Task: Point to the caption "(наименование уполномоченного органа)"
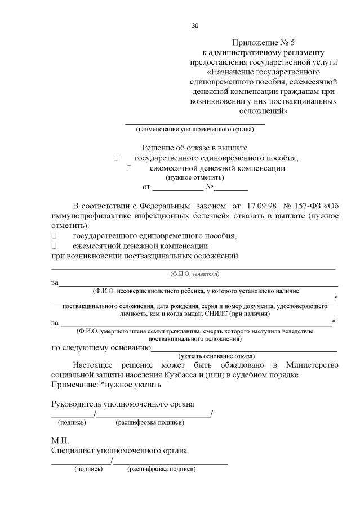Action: pos(195,130)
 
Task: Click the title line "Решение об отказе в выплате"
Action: pos(194,148)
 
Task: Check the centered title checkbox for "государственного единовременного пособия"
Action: pos(116,158)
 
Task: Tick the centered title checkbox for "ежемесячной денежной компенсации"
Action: pos(129,168)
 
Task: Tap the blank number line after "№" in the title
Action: pos(230,188)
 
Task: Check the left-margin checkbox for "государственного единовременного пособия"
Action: pos(55,236)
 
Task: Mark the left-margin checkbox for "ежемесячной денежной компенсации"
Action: pos(55,246)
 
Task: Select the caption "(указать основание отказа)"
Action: pos(216,356)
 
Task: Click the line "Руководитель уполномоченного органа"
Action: pos(123,404)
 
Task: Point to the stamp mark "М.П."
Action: pos(60,441)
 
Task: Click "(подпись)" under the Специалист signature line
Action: pos(88,468)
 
